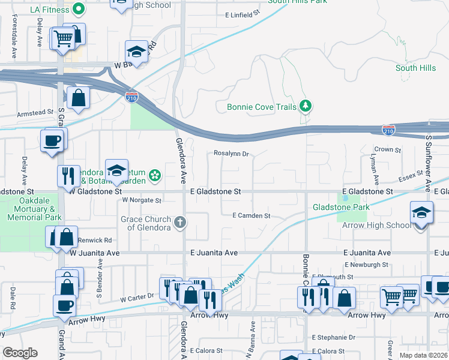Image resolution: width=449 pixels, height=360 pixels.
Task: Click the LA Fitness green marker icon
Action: pyautogui.click(x=78, y=9)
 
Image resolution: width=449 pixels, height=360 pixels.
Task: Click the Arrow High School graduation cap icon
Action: pyautogui.click(x=421, y=213)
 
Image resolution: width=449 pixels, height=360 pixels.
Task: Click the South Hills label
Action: pyautogui.click(x=415, y=68)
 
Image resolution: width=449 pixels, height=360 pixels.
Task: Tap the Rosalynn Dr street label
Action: pyautogui.click(x=231, y=154)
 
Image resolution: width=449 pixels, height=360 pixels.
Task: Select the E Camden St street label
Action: pyautogui.click(x=252, y=215)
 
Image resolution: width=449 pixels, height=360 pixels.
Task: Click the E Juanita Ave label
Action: pyautogui.click(x=214, y=253)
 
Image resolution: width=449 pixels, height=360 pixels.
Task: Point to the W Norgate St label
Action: pyautogui.click(x=142, y=200)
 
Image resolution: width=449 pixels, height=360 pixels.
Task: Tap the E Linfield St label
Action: pyautogui.click(x=242, y=14)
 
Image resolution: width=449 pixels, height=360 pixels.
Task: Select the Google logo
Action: pyautogui.click(x=20, y=353)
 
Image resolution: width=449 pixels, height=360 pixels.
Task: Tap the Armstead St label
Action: pyautogui.click(x=35, y=113)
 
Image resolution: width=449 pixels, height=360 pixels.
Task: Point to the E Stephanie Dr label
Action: pyautogui.click(x=331, y=338)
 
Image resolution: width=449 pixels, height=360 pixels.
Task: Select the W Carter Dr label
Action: pyautogui.click(x=137, y=297)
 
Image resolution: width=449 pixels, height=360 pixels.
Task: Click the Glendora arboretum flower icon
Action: pyautogui.click(x=155, y=175)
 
